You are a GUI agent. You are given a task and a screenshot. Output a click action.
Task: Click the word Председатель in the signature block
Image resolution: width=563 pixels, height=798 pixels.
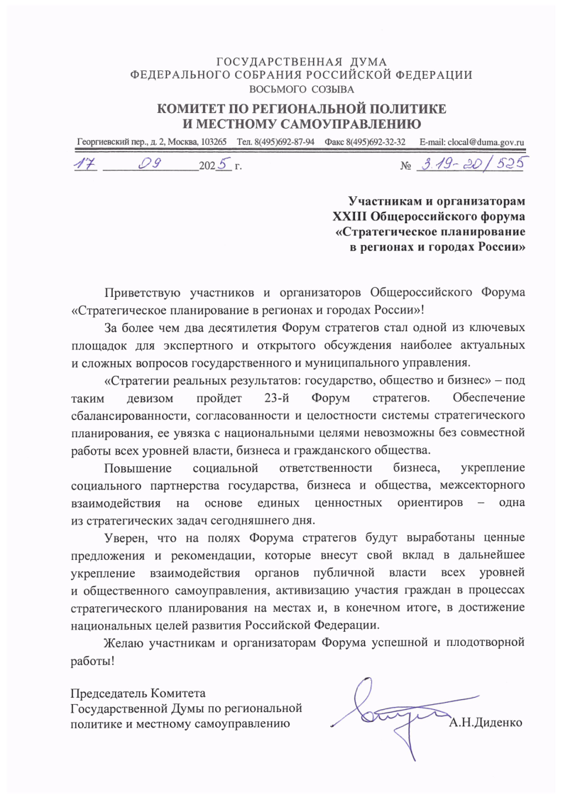(x=108, y=692)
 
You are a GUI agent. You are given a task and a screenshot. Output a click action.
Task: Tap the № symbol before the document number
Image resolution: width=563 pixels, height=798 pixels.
(x=407, y=166)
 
